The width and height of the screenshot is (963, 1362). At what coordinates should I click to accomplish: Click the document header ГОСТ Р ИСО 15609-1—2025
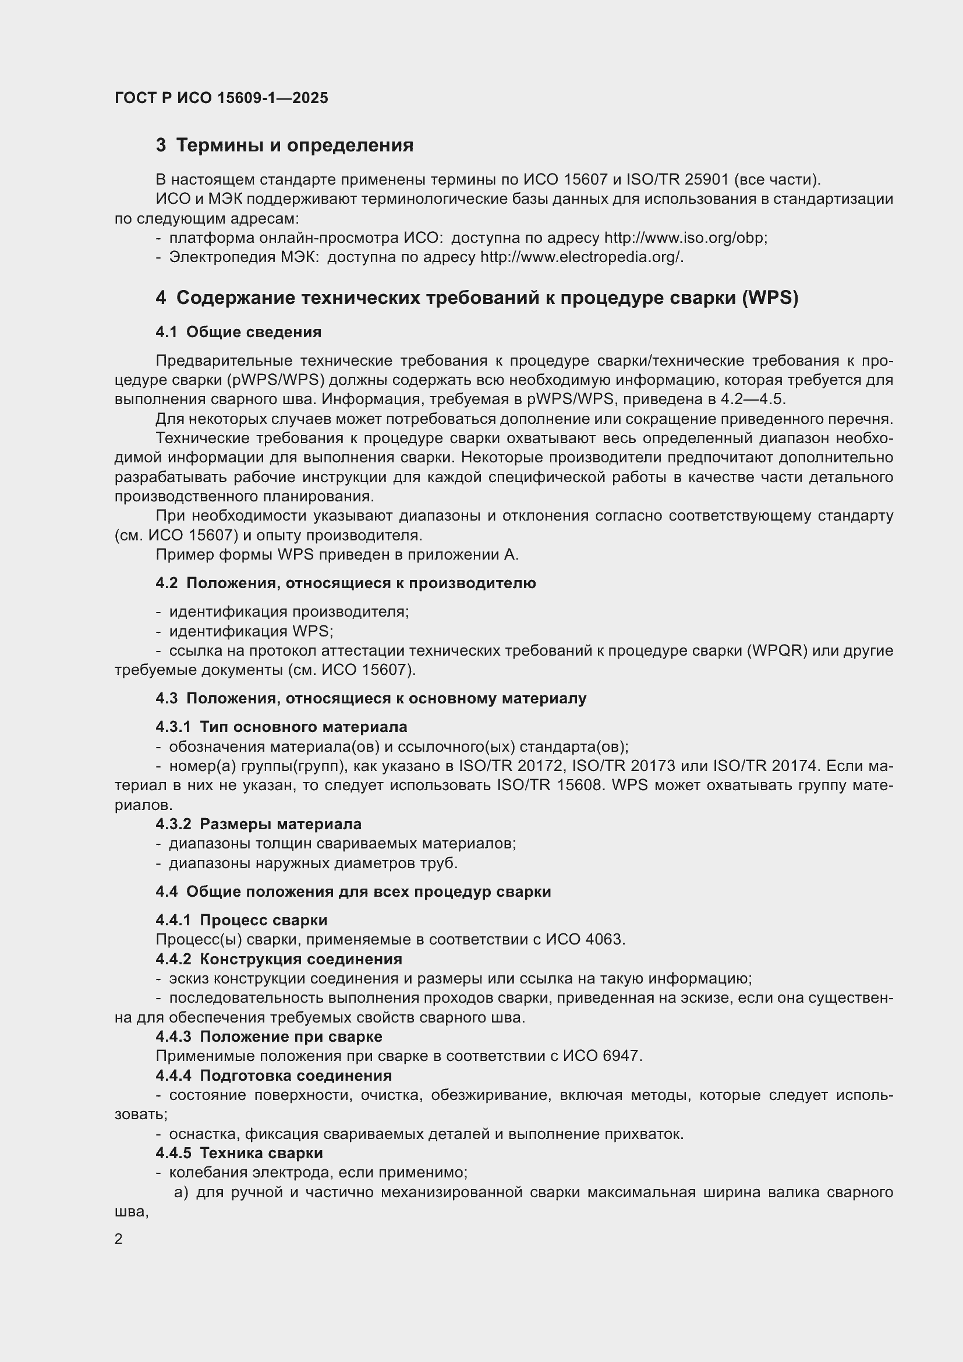coord(221,98)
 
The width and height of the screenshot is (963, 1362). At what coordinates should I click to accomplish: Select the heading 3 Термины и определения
coord(285,146)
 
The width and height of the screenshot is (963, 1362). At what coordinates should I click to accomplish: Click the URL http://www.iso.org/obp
coord(685,239)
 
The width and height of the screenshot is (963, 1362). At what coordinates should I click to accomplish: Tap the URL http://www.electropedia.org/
coord(581,257)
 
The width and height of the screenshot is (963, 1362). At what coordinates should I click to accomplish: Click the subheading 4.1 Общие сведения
coord(238,332)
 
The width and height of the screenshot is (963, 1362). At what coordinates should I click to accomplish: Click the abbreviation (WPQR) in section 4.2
coord(777,651)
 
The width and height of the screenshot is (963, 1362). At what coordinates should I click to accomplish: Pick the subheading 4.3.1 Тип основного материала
coord(281,727)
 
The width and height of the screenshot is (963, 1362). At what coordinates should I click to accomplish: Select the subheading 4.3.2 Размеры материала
coord(259,824)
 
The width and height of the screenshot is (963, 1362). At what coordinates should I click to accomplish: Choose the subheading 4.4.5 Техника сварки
coord(239,1153)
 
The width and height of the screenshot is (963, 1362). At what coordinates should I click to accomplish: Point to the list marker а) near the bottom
coord(181,1193)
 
